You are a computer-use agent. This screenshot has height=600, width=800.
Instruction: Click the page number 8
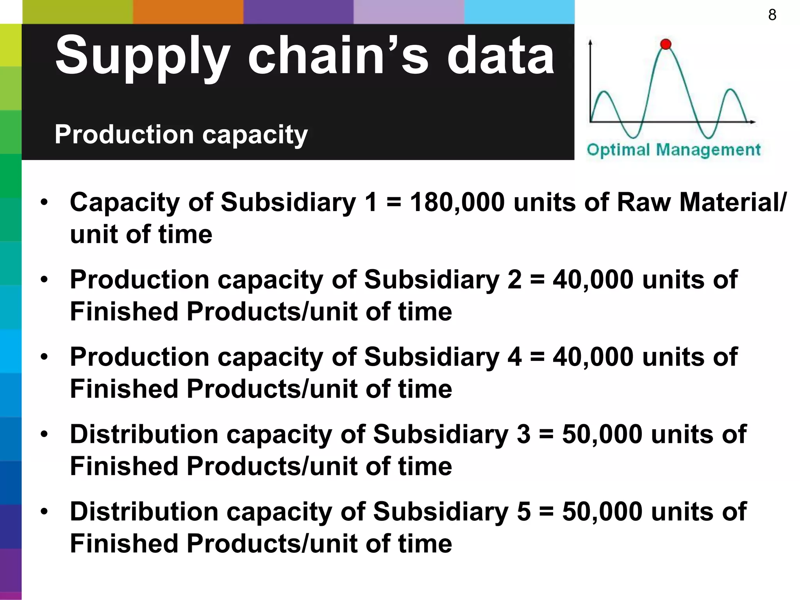pyautogui.click(x=772, y=15)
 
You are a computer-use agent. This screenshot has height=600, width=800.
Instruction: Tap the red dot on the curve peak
pyautogui.click(x=666, y=44)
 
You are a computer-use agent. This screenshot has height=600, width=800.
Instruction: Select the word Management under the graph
pyautogui.click(x=708, y=150)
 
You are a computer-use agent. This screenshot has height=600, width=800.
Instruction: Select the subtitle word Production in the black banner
pyautogui.click(x=124, y=134)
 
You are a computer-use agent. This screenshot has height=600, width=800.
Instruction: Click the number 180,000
pyautogui.click(x=457, y=202)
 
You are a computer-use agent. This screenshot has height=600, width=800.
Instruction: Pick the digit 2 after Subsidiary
pyautogui.click(x=514, y=280)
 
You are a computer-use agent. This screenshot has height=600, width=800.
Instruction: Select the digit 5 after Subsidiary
pyautogui.click(x=523, y=512)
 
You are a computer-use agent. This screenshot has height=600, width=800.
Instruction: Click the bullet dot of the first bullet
pyautogui.click(x=44, y=202)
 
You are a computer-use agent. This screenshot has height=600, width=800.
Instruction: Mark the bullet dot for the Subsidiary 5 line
pyautogui.click(x=44, y=512)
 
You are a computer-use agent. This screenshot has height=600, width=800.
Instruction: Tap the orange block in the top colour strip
pyautogui.click(x=188, y=12)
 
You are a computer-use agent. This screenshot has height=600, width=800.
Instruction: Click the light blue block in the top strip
pyautogui.click(x=519, y=12)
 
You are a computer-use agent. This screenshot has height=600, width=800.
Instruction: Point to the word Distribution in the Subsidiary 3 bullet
pyautogui.click(x=144, y=434)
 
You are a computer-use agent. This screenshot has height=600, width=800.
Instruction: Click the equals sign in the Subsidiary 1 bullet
pyautogui.click(x=393, y=202)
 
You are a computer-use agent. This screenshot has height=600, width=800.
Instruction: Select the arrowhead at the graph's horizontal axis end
pyautogui.click(x=753, y=122)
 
